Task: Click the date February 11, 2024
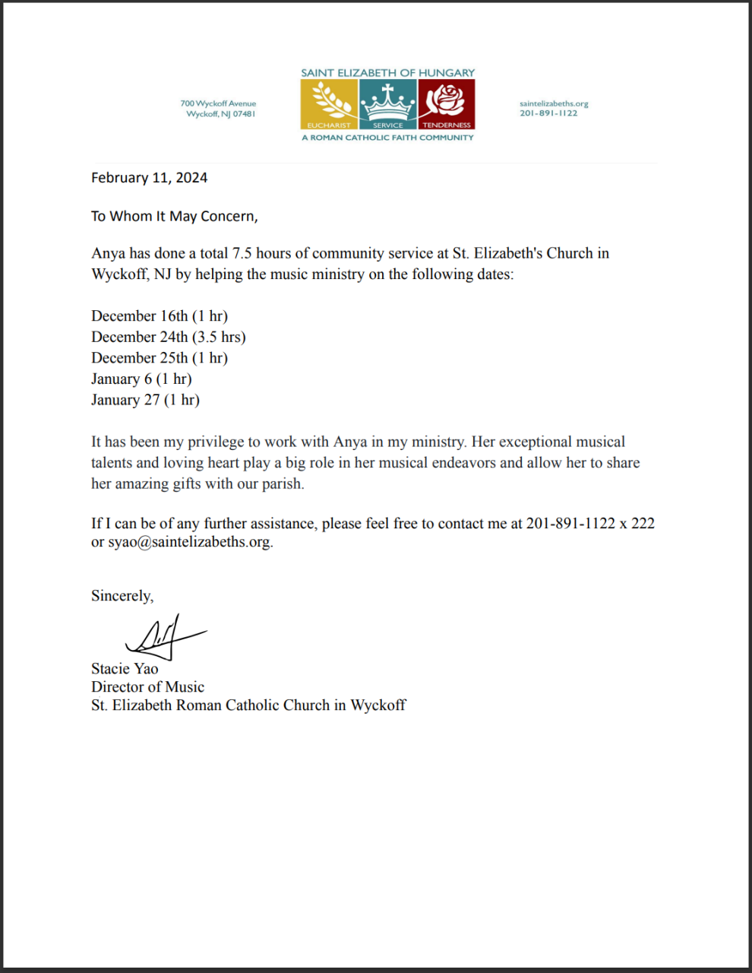click(x=149, y=178)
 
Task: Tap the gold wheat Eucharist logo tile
click(x=329, y=104)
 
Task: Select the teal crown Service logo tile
click(x=387, y=104)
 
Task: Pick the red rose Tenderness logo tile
click(x=447, y=104)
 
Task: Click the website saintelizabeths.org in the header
click(x=554, y=103)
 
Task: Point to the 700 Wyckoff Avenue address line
click(x=218, y=103)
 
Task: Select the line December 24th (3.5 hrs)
click(x=168, y=337)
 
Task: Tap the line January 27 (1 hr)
click(x=145, y=400)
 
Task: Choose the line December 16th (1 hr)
click(x=160, y=316)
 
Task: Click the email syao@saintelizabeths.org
click(x=189, y=542)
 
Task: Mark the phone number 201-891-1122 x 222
click(x=590, y=523)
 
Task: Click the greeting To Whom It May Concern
click(x=174, y=217)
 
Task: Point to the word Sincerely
click(x=122, y=596)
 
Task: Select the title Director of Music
click(x=147, y=687)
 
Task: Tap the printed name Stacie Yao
click(x=125, y=669)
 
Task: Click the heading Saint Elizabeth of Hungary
click(x=387, y=73)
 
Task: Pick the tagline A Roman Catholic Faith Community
click(x=387, y=138)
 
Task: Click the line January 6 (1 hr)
click(x=141, y=379)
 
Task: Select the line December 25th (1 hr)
click(x=160, y=358)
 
